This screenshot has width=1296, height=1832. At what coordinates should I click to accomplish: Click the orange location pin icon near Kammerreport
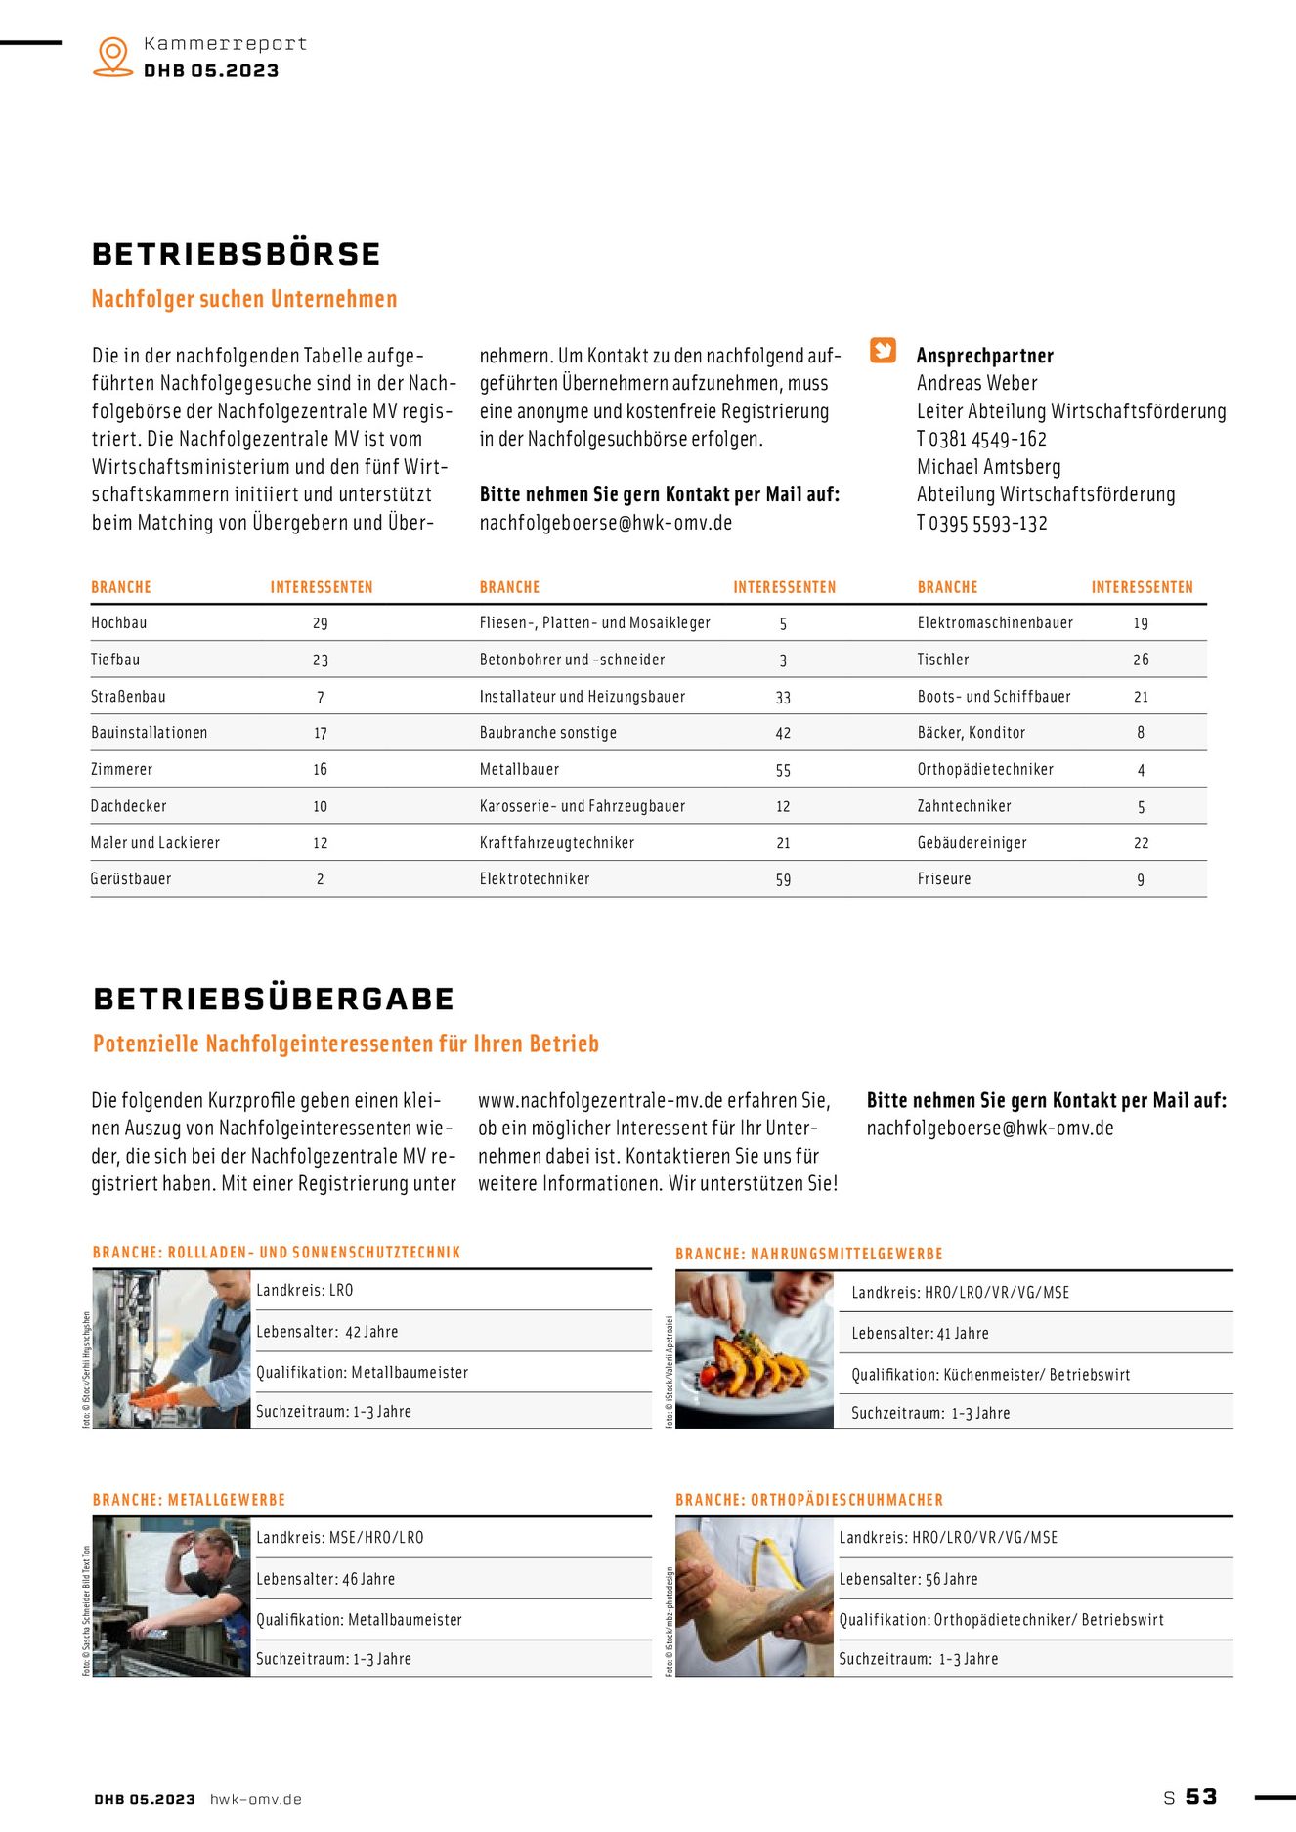[x=113, y=56]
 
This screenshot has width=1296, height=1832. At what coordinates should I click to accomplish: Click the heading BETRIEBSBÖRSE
[x=236, y=254]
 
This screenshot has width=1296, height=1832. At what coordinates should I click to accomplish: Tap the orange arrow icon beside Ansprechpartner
[x=883, y=350]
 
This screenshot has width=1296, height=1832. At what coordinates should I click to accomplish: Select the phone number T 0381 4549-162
[x=981, y=440]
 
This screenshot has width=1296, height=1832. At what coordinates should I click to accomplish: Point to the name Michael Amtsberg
[x=988, y=467]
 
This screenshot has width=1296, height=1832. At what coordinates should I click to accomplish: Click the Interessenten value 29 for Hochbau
[x=321, y=623]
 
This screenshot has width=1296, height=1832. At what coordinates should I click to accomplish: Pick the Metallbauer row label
[x=519, y=770]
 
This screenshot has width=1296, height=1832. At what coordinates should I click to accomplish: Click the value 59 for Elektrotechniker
[x=783, y=879]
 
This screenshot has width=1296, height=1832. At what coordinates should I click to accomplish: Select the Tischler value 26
[x=1141, y=660]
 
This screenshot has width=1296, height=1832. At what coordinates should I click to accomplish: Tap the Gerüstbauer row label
[x=131, y=879]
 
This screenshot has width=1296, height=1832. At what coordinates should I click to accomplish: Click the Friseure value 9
[x=1141, y=879]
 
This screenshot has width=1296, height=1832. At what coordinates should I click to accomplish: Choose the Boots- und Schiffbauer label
[x=994, y=697]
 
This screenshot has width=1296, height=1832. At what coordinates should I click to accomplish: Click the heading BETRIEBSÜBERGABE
[x=274, y=999]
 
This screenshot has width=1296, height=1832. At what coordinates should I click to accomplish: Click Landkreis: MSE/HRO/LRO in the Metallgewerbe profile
[x=340, y=1538]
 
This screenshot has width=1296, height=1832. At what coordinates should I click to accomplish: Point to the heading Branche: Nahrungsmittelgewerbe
[x=809, y=1254]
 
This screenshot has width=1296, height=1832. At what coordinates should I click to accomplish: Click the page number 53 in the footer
[x=1201, y=1797]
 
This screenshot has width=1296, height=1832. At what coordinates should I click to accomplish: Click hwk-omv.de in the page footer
[x=256, y=1799]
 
